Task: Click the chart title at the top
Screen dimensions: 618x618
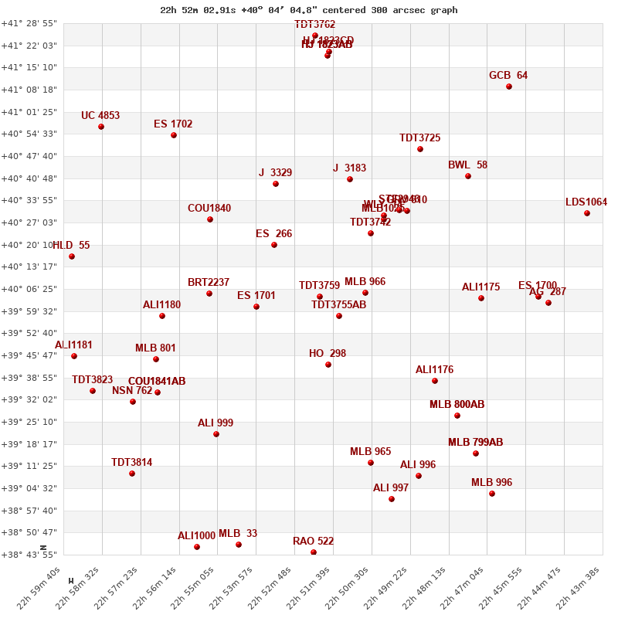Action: click(308, 10)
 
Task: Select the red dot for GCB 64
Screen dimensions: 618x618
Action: click(509, 87)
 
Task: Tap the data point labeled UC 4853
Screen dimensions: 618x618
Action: click(101, 127)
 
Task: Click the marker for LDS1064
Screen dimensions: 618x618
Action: click(587, 213)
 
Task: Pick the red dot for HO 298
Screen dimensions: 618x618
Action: click(328, 365)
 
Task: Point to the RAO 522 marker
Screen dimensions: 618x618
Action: click(314, 552)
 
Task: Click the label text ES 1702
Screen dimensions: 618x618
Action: click(173, 124)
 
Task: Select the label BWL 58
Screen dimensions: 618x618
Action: click(467, 165)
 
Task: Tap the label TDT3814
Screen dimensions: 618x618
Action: click(131, 462)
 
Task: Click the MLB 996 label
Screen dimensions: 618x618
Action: click(491, 482)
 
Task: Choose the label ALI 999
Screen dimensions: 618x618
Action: click(216, 423)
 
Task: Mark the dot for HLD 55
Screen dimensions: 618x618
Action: click(72, 256)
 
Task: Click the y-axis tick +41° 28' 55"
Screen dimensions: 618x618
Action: click(29, 24)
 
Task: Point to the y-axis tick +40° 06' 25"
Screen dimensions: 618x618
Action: click(29, 289)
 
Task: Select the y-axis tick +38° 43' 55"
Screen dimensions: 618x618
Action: click(29, 555)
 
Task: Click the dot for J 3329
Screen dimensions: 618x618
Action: click(276, 184)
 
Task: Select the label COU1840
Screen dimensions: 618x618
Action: click(209, 208)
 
